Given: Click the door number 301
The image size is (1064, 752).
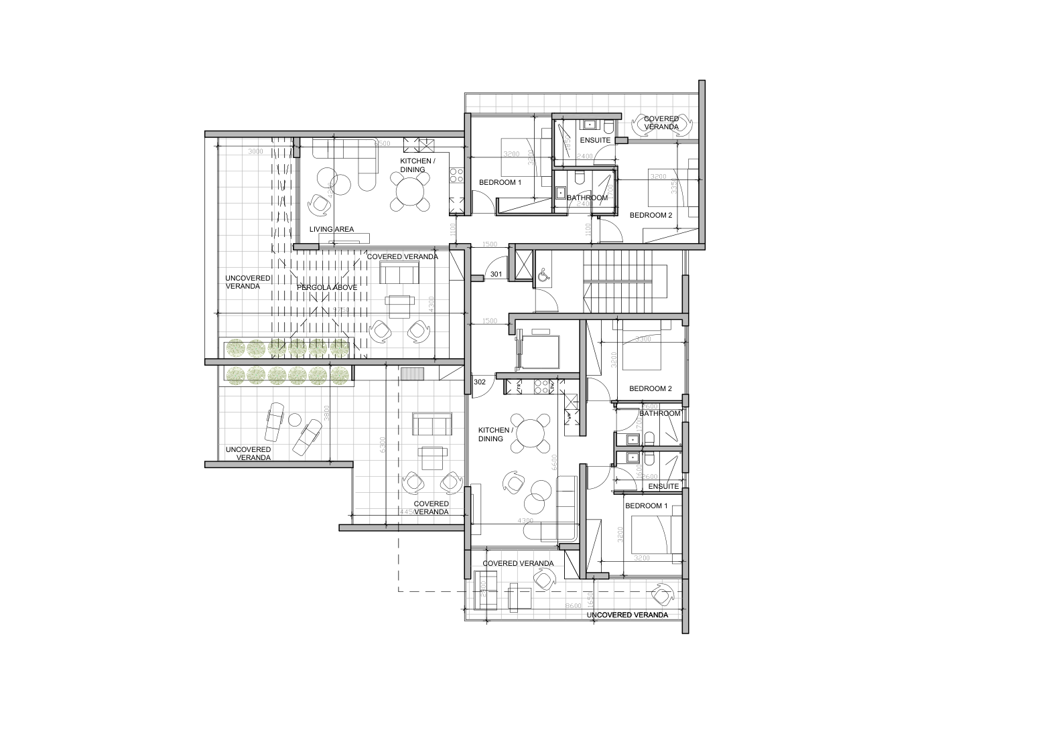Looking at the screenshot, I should (x=496, y=275).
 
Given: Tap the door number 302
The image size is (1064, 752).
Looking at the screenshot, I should (x=480, y=382).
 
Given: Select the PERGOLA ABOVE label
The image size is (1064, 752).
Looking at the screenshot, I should (x=327, y=287).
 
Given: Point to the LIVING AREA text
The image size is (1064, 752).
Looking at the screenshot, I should (x=332, y=230).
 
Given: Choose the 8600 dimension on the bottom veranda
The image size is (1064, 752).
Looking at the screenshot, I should (x=574, y=605).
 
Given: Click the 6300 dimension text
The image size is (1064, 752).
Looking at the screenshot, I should (x=383, y=445).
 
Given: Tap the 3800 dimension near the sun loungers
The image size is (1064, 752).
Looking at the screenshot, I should (x=327, y=415).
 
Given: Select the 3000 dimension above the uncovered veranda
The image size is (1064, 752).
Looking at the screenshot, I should (x=255, y=152).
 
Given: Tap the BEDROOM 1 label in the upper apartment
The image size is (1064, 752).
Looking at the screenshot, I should (x=500, y=183).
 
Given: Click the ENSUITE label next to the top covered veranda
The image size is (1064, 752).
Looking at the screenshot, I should (x=596, y=141).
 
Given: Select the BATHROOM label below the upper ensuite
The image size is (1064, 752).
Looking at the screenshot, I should (x=588, y=198).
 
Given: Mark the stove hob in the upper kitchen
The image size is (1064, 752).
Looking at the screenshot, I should (x=457, y=175).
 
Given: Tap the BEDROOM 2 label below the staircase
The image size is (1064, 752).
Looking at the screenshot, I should (x=650, y=388).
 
